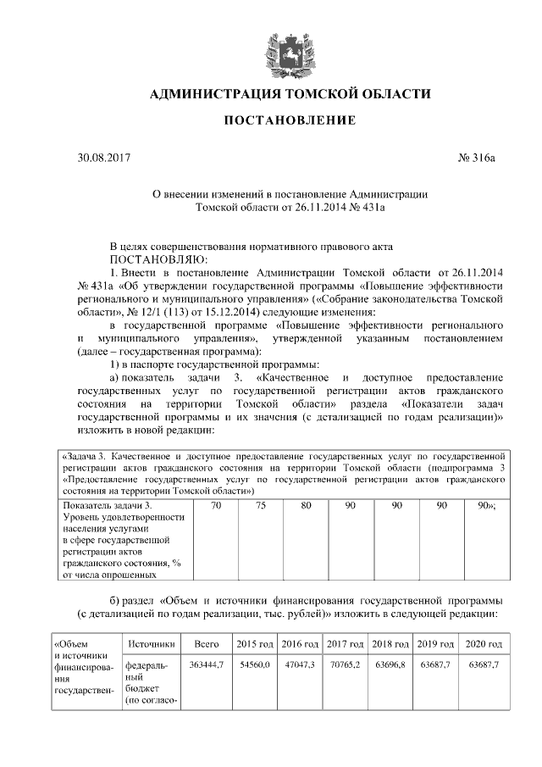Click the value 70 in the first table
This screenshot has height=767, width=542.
pos(216,505)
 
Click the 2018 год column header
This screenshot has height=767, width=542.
pos(390,644)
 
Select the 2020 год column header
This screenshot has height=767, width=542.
pos(484,644)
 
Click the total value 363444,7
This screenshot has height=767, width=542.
pos(207,665)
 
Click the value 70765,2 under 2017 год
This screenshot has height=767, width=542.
pos(344,665)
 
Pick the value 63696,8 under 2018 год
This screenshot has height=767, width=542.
pos(390,665)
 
